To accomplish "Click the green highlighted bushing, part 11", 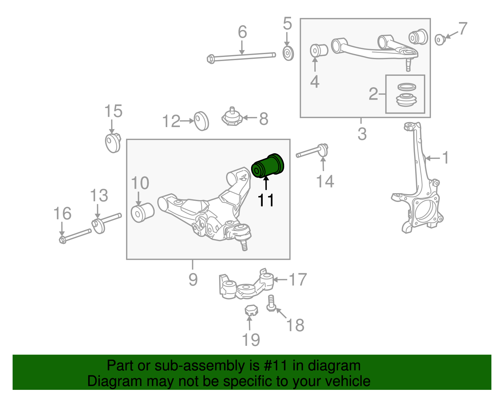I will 268,166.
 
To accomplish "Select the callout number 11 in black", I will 266,200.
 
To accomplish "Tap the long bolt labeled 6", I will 241,57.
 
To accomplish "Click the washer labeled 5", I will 288,53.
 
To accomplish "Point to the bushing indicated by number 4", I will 319,50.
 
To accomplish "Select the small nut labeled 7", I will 440,40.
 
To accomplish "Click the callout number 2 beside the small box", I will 373,94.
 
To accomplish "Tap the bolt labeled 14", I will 312,152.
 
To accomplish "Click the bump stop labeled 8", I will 232,117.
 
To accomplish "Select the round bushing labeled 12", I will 201,121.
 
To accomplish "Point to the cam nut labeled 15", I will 113,143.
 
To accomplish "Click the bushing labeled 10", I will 142,213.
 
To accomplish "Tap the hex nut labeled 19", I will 251,310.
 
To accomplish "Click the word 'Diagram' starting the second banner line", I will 106,381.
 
